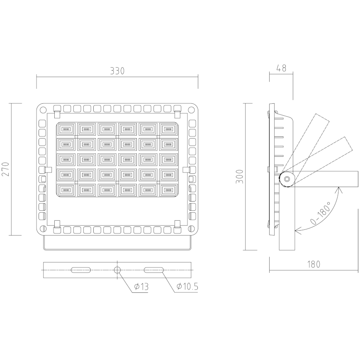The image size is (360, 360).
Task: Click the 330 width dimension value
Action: [x=117, y=71]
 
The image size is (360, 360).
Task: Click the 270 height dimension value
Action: [x=5, y=169]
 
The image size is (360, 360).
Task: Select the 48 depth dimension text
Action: [x=281, y=69]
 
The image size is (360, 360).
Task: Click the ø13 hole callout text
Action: [x=141, y=287]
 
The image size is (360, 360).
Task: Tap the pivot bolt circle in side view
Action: [x=287, y=179]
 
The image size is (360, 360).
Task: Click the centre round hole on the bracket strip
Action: [x=117, y=270]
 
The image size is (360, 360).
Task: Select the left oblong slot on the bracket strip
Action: [x=82, y=270]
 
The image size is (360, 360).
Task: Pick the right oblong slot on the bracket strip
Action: [x=153, y=270]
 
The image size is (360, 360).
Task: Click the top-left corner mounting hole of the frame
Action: [x=43, y=110]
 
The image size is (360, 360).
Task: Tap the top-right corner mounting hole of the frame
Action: [x=191, y=110]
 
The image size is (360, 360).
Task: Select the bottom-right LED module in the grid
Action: [x=168, y=190]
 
